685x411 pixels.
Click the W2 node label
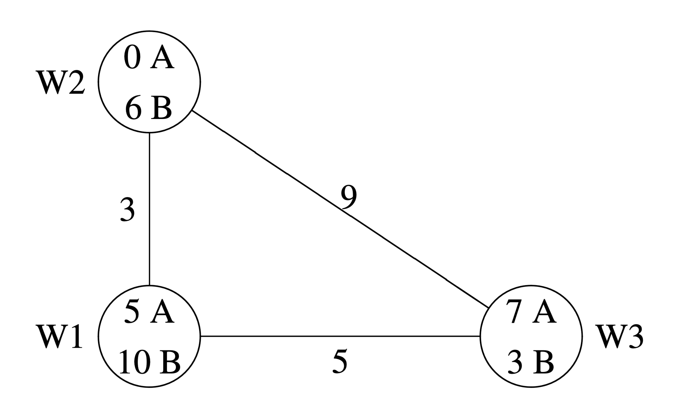62,82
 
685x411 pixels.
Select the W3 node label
620,337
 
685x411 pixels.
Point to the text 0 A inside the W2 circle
149,58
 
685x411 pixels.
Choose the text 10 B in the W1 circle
149,362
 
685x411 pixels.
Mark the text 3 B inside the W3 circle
531,362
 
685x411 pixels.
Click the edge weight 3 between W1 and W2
127,210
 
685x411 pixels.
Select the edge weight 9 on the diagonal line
349,197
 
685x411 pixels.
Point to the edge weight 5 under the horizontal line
340,361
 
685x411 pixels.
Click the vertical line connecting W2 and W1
149,209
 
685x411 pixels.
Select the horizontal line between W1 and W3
340,336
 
